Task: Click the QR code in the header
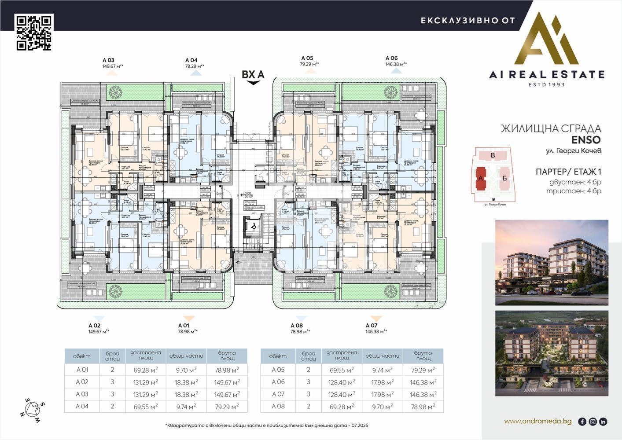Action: (x=34, y=32)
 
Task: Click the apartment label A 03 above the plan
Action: (x=108, y=60)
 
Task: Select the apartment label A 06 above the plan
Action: (x=391, y=58)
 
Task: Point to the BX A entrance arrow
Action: (x=253, y=82)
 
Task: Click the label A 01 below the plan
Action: (x=183, y=326)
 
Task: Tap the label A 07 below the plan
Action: (x=372, y=326)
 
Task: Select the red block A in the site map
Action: (x=481, y=178)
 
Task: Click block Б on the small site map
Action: (x=505, y=178)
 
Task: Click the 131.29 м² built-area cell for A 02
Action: (x=146, y=382)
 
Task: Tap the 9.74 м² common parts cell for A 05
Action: (x=382, y=370)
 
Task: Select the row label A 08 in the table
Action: (x=278, y=407)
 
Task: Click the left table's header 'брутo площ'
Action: (x=227, y=356)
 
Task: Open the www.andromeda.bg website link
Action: (x=537, y=422)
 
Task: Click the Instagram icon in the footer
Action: (x=593, y=422)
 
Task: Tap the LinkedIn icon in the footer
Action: (x=603, y=422)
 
